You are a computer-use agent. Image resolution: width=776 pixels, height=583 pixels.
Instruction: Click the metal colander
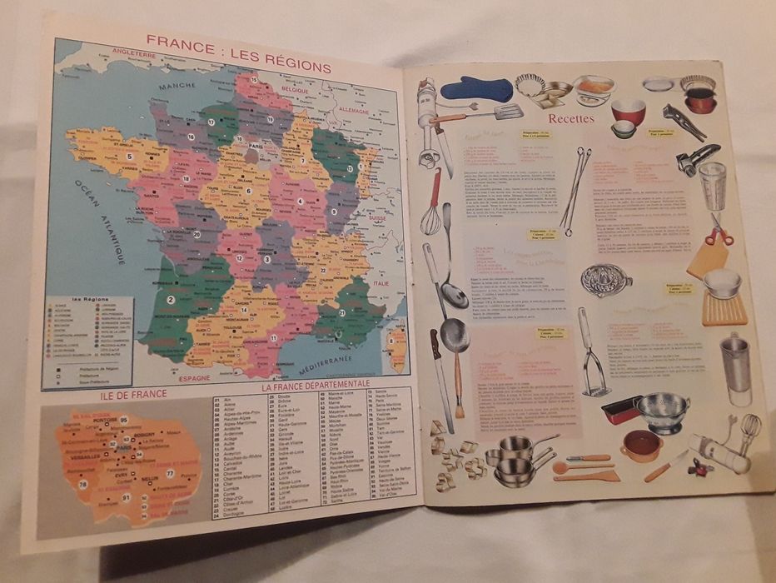(661, 411)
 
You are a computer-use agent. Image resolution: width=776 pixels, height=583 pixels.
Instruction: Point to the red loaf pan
(620, 411)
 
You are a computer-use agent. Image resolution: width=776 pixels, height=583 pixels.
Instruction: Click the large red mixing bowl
(628, 111)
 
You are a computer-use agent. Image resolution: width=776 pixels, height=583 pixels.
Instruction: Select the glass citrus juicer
(605, 280)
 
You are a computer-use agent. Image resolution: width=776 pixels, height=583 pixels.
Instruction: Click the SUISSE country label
(379, 218)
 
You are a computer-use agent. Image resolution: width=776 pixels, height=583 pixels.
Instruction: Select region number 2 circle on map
(171, 299)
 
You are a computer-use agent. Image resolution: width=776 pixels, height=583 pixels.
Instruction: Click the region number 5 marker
(129, 156)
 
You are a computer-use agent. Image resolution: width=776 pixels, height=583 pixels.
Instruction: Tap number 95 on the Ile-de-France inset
(123, 419)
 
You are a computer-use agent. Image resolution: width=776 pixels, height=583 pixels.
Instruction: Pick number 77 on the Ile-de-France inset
(170, 473)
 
